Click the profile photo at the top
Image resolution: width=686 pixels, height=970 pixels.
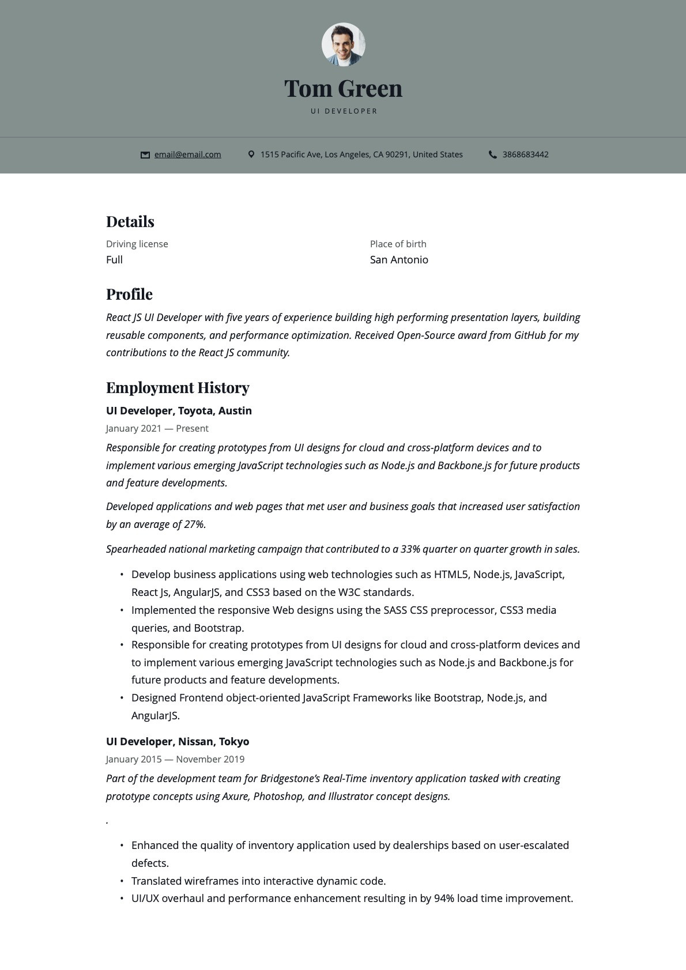click(343, 44)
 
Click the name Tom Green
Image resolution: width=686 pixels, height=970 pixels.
click(343, 89)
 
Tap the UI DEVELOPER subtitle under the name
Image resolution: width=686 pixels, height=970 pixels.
click(344, 111)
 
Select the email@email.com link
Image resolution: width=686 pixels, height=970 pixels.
click(187, 154)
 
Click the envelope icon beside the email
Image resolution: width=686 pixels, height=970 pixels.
click(145, 155)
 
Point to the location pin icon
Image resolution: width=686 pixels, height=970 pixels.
click(251, 154)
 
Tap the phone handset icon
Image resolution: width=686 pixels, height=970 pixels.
click(493, 154)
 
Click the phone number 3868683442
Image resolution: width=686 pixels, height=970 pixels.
click(525, 154)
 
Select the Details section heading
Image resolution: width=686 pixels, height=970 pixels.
click(130, 222)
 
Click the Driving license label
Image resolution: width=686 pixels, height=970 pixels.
click(137, 244)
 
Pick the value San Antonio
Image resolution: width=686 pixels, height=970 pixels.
click(399, 260)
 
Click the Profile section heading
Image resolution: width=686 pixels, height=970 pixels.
click(129, 295)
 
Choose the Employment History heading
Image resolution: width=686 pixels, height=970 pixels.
click(178, 388)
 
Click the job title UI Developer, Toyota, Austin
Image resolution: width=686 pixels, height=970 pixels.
click(179, 411)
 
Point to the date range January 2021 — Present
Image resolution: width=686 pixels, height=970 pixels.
click(157, 428)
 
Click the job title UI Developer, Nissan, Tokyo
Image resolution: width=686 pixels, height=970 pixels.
click(178, 742)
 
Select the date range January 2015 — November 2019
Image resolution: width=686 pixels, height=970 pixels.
click(175, 759)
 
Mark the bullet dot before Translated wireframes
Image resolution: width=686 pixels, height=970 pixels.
click(122, 881)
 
